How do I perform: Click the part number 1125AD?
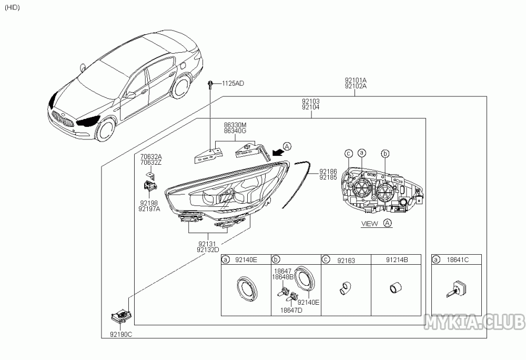[233, 84]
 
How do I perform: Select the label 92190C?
[121, 335]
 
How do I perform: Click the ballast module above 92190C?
[121, 316]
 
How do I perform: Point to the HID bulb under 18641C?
[454, 289]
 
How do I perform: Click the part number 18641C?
[458, 259]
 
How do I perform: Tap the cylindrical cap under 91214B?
[396, 288]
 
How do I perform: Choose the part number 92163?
[346, 261]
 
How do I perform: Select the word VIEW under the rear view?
[369, 224]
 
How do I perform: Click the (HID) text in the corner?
[13, 7]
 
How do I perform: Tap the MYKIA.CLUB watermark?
[474, 322]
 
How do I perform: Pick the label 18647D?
[291, 311]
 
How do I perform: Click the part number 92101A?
[356, 81]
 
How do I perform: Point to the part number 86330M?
[235, 125]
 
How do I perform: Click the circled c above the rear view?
[349, 154]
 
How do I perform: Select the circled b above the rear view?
[386, 154]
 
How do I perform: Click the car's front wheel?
[107, 129]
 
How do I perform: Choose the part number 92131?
[207, 244]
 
